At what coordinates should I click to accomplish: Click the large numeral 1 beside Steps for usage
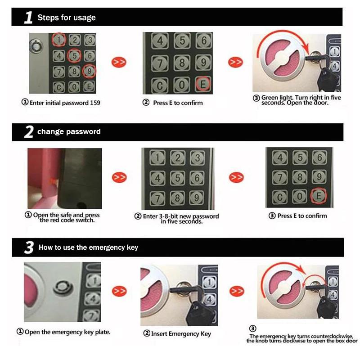(x=28, y=18)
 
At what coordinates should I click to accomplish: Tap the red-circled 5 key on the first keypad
(x=74, y=55)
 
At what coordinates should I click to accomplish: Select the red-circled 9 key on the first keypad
(x=89, y=71)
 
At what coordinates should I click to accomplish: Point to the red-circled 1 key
(x=59, y=40)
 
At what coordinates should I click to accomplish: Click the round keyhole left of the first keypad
(x=36, y=46)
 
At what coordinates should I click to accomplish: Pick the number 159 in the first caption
(x=95, y=103)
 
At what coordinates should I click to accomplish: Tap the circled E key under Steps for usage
(x=203, y=84)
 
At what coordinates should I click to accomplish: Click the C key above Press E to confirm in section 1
(x=160, y=85)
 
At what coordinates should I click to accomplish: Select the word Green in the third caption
(x=270, y=98)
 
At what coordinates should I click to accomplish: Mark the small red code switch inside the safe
(x=53, y=181)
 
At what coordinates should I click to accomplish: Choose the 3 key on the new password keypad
(x=198, y=158)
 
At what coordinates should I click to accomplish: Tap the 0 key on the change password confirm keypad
(x=300, y=197)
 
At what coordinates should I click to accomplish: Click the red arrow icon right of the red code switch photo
(x=119, y=177)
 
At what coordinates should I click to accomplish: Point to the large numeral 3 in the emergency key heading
(x=29, y=247)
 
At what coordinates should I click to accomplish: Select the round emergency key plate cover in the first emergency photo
(x=63, y=287)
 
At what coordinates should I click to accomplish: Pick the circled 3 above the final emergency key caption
(x=252, y=328)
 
